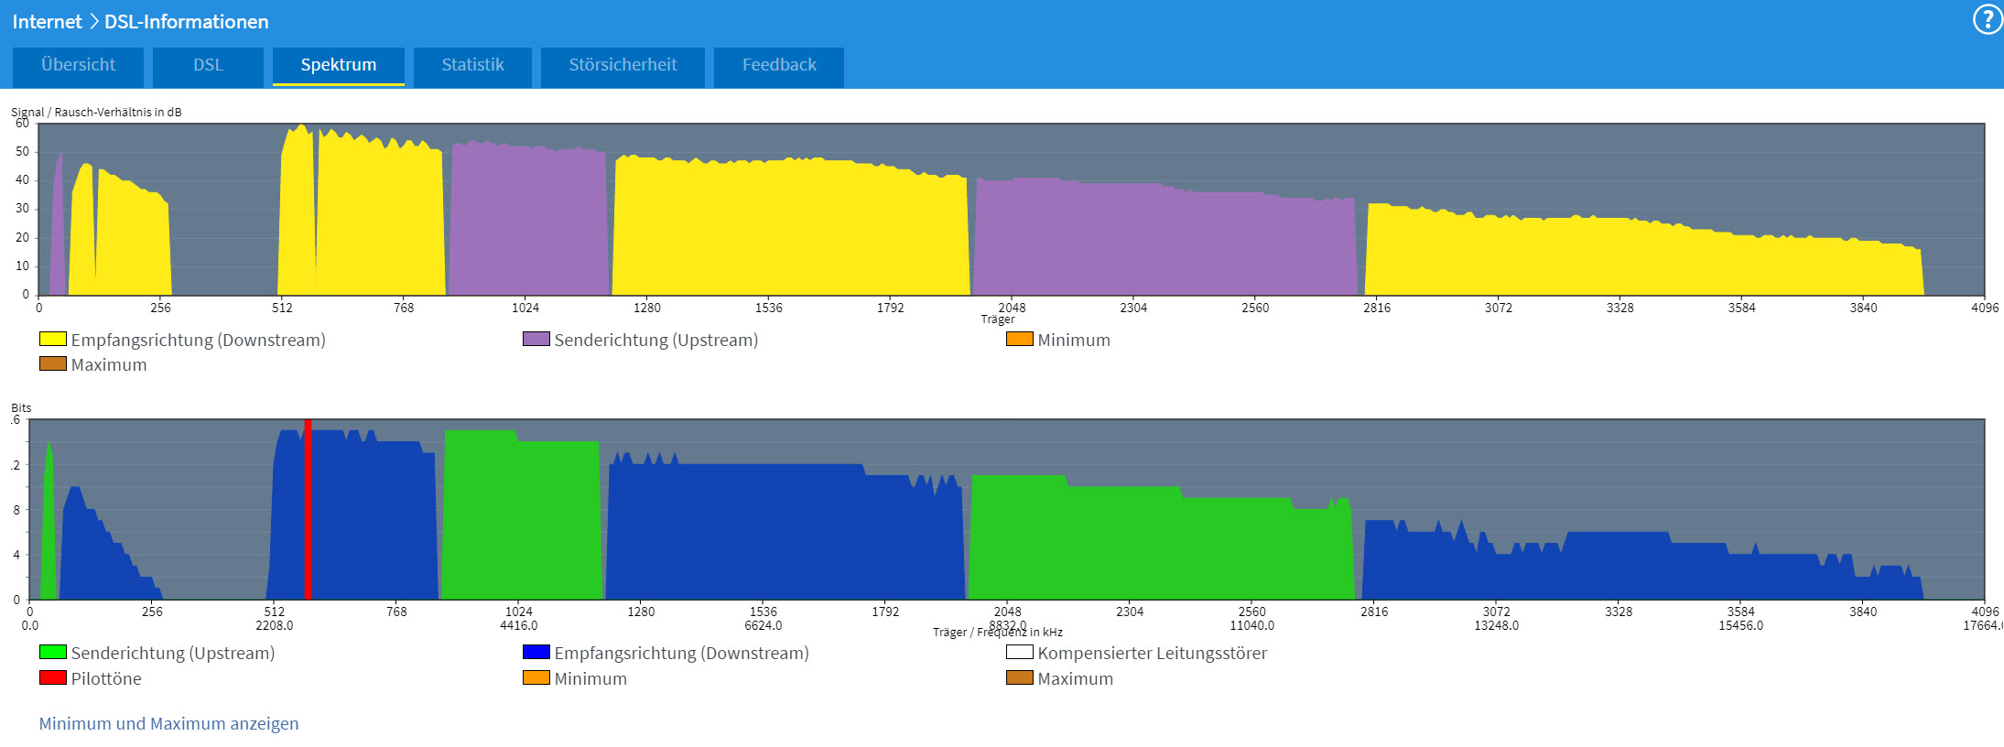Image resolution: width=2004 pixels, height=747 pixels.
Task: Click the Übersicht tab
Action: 78,65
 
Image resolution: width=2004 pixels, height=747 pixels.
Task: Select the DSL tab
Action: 208,65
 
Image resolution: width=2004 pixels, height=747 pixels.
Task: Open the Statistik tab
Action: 472,65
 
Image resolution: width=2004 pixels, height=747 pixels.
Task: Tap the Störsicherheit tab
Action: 623,65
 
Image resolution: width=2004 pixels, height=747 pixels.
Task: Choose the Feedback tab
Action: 779,65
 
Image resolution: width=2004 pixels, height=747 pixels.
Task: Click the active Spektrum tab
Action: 338,65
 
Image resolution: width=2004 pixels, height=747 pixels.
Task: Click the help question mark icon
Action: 1987,19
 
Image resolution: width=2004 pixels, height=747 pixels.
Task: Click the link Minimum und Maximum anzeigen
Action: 168,723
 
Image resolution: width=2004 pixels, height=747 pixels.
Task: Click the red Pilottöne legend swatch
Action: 52,677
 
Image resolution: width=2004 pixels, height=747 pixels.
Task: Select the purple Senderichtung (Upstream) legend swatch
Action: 536,339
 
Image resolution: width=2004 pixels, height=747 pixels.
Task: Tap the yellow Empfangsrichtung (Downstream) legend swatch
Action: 52,339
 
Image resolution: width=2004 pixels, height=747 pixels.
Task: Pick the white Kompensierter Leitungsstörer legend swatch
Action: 1019,652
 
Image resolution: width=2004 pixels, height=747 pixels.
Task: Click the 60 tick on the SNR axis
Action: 22,123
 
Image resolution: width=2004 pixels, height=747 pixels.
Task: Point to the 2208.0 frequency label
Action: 275,625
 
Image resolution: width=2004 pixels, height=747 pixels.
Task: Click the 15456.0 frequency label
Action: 1740,625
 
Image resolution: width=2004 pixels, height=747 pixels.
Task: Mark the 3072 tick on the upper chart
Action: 1498,308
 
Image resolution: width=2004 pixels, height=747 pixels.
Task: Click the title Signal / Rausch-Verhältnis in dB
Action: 96,112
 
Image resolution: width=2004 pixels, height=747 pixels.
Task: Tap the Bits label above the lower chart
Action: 21,407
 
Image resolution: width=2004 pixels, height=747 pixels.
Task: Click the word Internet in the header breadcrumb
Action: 47,21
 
